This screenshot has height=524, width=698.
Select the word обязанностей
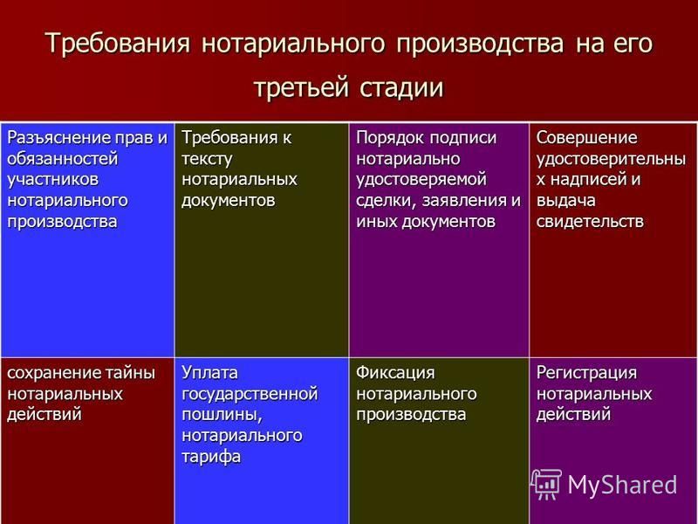click(x=63, y=159)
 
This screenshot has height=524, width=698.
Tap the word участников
click(x=53, y=180)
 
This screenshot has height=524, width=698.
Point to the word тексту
click(x=207, y=159)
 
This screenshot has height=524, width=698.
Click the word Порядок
click(x=390, y=138)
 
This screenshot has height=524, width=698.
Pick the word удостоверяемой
click(x=421, y=180)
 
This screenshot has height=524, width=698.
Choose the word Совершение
click(x=586, y=138)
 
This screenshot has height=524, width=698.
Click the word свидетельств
click(x=590, y=222)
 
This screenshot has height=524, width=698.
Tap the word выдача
click(x=565, y=201)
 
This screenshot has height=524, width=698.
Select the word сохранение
click(x=54, y=373)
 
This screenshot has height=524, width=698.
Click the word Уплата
click(x=209, y=373)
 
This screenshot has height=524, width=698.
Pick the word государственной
click(x=250, y=394)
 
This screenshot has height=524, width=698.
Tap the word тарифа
click(x=211, y=457)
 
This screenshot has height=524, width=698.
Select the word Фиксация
click(x=395, y=373)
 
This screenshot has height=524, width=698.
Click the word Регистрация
click(x=586, y=373)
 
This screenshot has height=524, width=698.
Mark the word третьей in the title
click(x=301, y=86)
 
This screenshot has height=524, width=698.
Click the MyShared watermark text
click(x=622, y=484)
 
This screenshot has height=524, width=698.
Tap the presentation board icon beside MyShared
click(x=546, y=484)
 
